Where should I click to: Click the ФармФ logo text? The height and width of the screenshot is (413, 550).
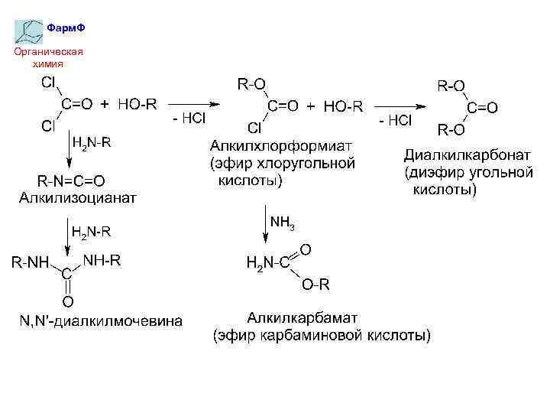65,28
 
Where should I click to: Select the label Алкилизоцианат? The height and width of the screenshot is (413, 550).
77,199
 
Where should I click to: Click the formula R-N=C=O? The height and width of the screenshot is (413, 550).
72,181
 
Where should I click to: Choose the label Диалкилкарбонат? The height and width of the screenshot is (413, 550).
467,155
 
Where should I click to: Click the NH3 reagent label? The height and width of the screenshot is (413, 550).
283,223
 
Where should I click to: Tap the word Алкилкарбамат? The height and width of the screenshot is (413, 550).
302,317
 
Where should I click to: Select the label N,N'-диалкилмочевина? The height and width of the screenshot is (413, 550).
101,320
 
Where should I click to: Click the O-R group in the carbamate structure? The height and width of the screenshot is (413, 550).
315,285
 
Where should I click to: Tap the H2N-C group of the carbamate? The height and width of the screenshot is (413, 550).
267,264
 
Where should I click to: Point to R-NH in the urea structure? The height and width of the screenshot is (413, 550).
30,263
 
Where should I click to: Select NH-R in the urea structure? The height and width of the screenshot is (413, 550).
102,260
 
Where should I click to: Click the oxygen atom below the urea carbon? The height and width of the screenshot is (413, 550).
67,301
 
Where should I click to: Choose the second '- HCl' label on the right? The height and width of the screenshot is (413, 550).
395,120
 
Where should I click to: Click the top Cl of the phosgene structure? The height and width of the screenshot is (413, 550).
47,82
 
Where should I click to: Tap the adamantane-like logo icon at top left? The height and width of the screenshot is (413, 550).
29,31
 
